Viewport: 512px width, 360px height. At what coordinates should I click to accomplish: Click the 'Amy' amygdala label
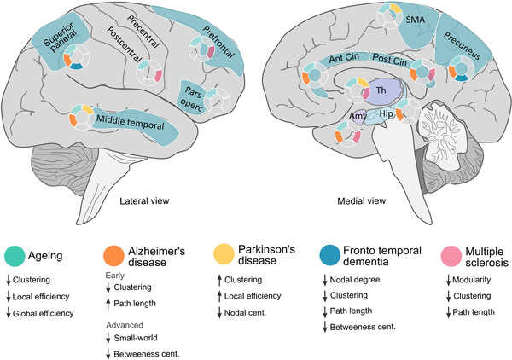click(x=358, y=114)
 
